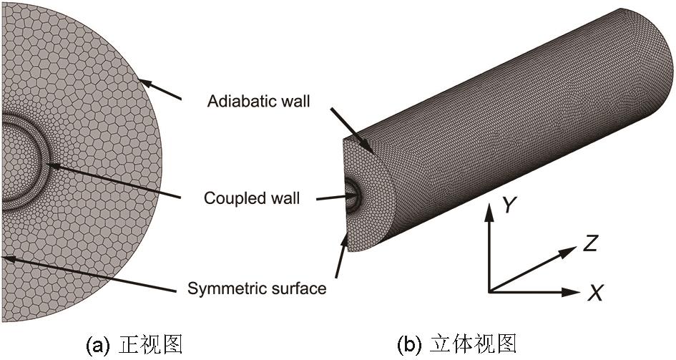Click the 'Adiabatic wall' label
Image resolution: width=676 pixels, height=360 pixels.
tap(258, 101)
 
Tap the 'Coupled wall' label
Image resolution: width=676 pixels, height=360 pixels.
tap(251, 197)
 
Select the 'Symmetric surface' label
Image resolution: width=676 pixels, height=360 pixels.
tap(256, 288)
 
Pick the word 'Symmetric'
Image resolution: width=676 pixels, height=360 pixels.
tap(222, 288)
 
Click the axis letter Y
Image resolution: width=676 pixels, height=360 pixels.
tap(509, 206)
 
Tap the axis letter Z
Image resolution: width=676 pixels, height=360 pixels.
tap(590, 243)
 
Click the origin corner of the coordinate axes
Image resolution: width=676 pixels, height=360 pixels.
tap(489, 292)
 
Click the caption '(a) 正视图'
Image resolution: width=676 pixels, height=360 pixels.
tap(134, 345)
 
